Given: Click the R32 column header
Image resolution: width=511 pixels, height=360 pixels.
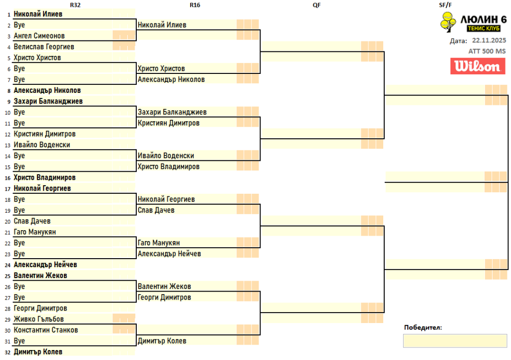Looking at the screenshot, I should tap(75, 5).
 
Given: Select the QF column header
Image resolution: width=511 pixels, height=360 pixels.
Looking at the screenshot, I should tap(316, 5).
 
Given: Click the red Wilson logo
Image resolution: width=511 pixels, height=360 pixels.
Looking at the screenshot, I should tap(478, 66).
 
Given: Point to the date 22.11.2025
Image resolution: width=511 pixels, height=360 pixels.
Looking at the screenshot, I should tap(489, 41).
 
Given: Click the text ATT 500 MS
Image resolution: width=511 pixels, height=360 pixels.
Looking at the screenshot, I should tap(487, 51).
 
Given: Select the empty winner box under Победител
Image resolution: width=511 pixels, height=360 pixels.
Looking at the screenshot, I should tap(455, 341).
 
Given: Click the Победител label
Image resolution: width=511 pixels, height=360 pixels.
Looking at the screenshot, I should tap(423, 328).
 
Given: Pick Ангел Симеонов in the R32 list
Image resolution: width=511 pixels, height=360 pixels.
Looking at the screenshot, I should tap(39, 36).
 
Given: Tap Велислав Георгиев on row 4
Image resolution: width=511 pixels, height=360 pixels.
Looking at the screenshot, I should tap(44, 47).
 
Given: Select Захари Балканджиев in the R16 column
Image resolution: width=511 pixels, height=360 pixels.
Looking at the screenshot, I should tap(172, 112).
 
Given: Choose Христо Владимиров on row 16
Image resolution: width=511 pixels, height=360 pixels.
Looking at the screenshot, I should tap(45, 178).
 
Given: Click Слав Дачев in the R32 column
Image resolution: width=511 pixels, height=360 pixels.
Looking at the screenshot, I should tap(32, 221).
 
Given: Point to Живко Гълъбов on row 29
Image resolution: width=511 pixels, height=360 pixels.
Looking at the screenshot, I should tap(39, 319).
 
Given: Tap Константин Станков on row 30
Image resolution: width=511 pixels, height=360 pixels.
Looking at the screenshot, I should tap(46, 330).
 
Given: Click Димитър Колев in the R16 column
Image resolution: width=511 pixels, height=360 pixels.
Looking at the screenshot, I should tap(162, 341).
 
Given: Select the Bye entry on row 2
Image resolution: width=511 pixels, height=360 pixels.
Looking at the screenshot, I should tap(19, 25).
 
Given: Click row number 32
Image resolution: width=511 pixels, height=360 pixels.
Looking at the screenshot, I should tap(7, 352).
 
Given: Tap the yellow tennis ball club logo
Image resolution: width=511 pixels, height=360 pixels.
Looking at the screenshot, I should tap(448, 22).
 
